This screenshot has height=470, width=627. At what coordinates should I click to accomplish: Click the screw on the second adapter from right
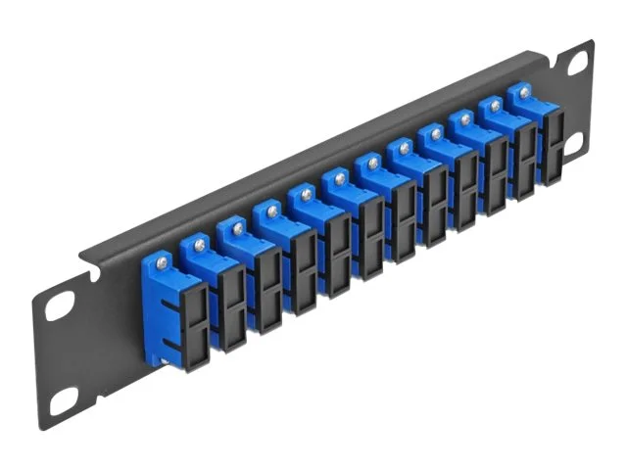pos(496,105)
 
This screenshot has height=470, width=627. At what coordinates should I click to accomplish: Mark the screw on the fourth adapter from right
pos(435,133)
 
